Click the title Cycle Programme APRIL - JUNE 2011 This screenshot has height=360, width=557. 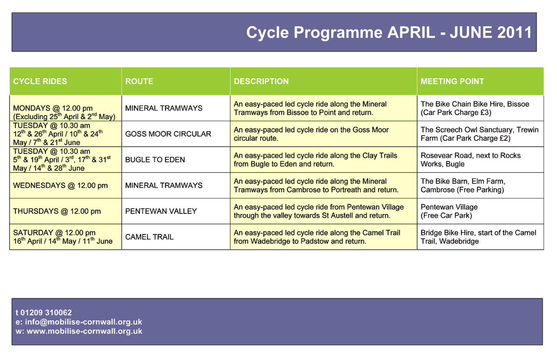[389, 32]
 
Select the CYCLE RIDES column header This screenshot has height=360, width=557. [40, 81]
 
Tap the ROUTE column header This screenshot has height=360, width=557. [139, 81]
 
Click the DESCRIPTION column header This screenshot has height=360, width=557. [261, 81]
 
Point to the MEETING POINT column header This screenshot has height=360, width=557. [452, 81]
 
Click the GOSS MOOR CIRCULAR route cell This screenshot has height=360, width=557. [168, 134]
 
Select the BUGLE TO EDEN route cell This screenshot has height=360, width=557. [155, 159]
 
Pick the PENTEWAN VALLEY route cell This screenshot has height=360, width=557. [161, 211]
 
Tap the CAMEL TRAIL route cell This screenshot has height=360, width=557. [149, 237]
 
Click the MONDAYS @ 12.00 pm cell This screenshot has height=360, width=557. [53, 108]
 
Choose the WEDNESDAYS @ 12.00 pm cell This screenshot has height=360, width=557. [61, 185]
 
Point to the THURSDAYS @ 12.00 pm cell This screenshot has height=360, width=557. [57, 211]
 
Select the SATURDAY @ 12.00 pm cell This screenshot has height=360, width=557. [54, 233]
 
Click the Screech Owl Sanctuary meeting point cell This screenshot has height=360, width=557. [479, 134]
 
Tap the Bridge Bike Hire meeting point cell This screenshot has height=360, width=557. [478, 237]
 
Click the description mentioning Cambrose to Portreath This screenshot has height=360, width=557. [316, 185]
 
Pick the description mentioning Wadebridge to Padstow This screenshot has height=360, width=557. [317, 237]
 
